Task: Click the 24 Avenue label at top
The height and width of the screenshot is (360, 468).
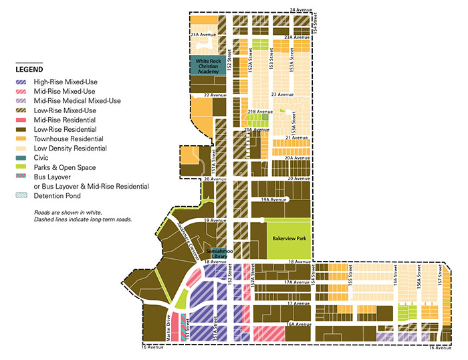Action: [301, 9]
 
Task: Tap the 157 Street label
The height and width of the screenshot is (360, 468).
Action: [439, 276]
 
